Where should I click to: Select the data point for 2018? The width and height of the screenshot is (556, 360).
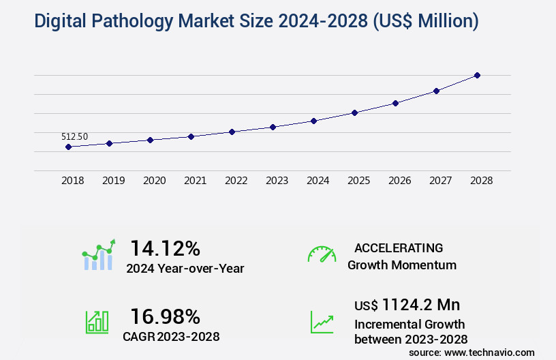click(x=68, y=147)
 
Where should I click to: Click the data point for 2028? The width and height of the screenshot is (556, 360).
click(x=477, y=75)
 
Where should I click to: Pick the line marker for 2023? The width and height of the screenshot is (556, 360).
click(x=273, y=127)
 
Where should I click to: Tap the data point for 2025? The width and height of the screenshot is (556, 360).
click(x=354, y=112)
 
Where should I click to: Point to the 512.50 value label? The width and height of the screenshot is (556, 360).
click(x=75, y=136)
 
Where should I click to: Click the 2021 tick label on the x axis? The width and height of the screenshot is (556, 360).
click(x=195, y=181)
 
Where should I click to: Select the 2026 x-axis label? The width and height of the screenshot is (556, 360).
click(x=399, y=181)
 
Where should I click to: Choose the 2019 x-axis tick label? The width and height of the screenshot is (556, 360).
click(x=113, y=181)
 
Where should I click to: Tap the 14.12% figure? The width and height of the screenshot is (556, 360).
click(x=165, y=247)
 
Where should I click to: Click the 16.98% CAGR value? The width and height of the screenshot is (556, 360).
click(x=165, y=316)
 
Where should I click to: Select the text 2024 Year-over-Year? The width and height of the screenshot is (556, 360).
click(x=185, y=269)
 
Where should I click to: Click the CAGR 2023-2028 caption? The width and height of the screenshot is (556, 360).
click(x=172, y=336)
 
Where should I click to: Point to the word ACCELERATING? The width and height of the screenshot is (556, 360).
click(x=398, y=247)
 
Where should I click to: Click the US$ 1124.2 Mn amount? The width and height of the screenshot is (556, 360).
click(x=401, y=304)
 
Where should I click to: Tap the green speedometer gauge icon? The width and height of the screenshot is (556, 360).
click(x=322, y=254)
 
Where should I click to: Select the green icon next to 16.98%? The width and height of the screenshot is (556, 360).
click(x=97, y=322)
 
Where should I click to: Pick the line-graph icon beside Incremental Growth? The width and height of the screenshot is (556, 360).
click(x=322, y=322)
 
